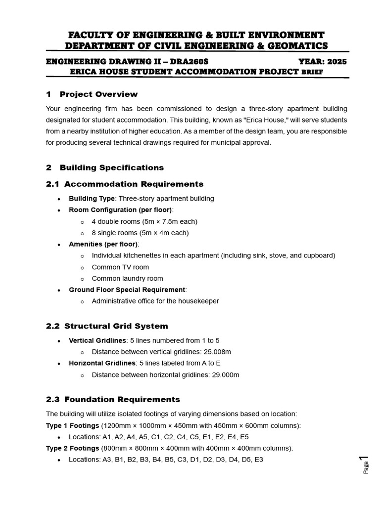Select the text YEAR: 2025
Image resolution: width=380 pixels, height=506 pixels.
click(x=323, y=62)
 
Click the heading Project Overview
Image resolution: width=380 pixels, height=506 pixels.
click(x=98, y=94)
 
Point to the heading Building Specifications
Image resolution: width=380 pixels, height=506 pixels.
click(x=111, y=168)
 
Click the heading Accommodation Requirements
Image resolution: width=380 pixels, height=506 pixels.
click(x=134, y=184)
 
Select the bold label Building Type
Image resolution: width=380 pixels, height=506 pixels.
click(x=92, y=199)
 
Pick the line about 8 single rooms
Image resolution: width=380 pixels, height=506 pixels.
click(x=140, y=233)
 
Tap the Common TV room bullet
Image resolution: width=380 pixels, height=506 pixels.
click(x=120, y=267)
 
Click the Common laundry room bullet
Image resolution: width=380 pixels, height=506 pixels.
click(x=127, y=278)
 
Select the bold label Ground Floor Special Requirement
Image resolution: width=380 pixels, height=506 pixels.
click(x=127, y=290)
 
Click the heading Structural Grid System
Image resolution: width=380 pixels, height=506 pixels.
click(x=116, y=326)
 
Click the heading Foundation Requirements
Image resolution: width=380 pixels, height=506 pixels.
click(x=122, y=399)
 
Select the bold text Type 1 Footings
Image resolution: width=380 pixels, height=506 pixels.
click(x=72, y=425)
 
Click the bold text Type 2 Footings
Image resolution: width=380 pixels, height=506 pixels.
click(x=72, y=448)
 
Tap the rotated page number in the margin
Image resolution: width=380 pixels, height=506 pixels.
click(x=365, y=464)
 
